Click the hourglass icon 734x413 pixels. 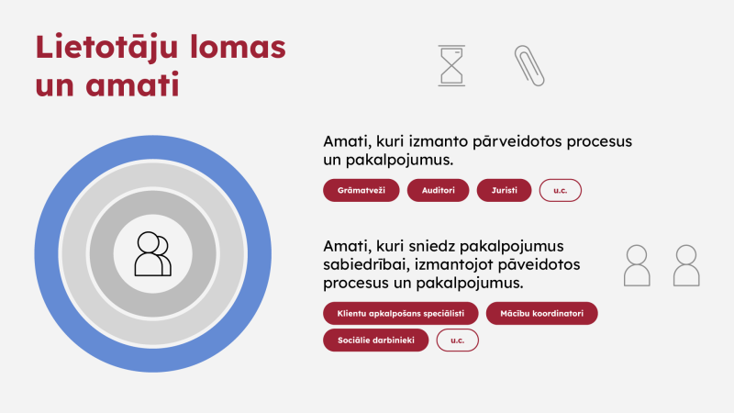tap(451, 66)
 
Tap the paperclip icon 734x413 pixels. tap(529, 66)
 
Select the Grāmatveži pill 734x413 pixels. tap(361, 191)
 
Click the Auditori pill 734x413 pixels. tap(438, 191)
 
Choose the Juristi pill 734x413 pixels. tap(505, 191)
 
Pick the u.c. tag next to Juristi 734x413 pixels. tap(561, 191)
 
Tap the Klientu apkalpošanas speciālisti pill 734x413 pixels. tap(401, 314)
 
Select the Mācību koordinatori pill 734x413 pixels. tap(541, 314)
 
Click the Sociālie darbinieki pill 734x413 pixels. tap(376, 340)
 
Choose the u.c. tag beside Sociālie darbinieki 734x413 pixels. tap(457, 340)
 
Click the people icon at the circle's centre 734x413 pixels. tap(152, 254)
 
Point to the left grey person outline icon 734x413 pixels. tap(637, 265)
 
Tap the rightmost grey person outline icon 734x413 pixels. tap(686, 265)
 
